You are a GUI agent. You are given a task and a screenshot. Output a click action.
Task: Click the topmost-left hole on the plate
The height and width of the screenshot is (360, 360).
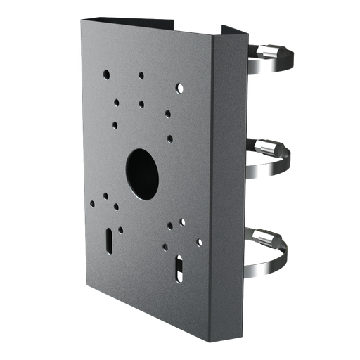point(105,72)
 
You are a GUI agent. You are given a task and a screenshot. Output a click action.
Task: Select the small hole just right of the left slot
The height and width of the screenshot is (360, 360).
point(121,229)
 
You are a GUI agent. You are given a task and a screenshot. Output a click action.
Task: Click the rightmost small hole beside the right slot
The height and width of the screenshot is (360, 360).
point(199,243)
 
